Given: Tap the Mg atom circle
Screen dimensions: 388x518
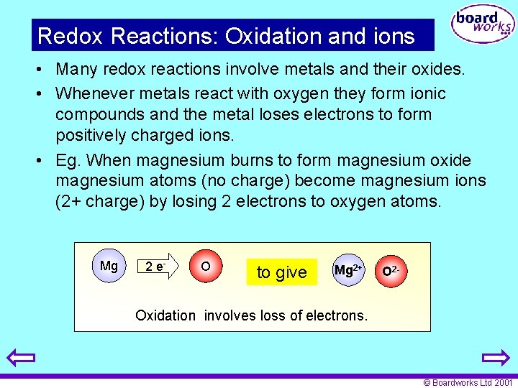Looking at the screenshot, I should tap(109, 267).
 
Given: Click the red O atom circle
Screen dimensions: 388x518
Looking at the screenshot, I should tap(205, 267).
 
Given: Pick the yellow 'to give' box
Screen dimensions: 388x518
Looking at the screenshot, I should tap(281, 272).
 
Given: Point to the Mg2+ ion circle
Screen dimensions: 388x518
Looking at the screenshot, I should tap(348, 271).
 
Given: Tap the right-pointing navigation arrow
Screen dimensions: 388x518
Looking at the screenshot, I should tap(496, 358).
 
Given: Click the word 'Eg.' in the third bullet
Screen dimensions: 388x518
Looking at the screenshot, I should tap(70, 160).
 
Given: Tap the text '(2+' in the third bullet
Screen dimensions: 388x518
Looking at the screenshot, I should tap(70, 201).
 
